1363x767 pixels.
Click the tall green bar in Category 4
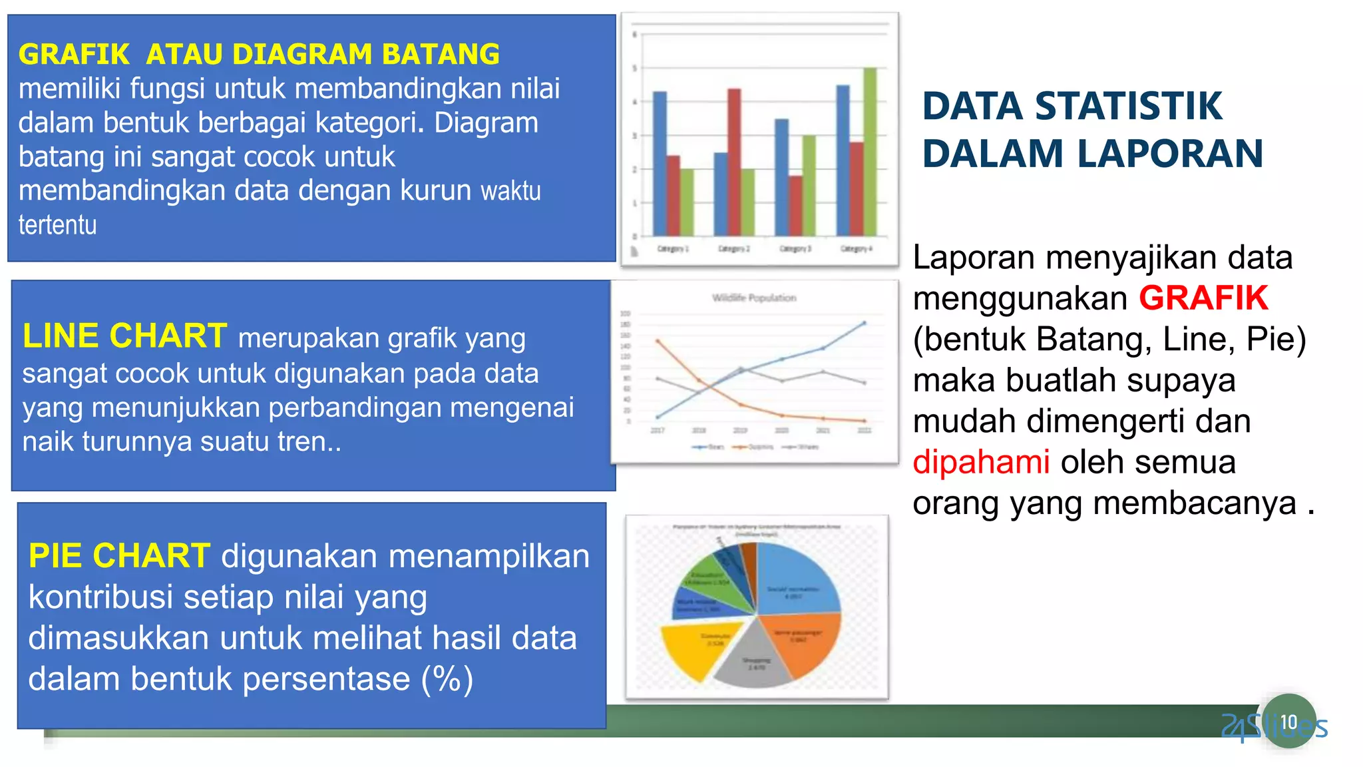pyautogui.click(x=870, y=153)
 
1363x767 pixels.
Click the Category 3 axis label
pyautogui.click(x=795, y=248)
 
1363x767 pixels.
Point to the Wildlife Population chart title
pyautogui.click(x=754, y=298)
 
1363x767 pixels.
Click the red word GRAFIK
pyautogui.click(x=1203, y=298)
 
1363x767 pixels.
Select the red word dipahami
pyautogui.click(x=981, y=461)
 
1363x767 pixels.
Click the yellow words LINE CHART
pyautogui.click(x=124, y=336)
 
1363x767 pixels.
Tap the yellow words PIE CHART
pyautogui.click(x=119, y=555)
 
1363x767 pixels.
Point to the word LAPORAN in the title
pyautogui.click(x=1170, y=154)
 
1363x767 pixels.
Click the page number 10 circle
pyautogui.click(x=1289, y=722)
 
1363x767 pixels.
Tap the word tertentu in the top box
pyautogui.click(x=57, y=225)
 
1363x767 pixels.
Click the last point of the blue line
pyautogui.click(x=865, y=323)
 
